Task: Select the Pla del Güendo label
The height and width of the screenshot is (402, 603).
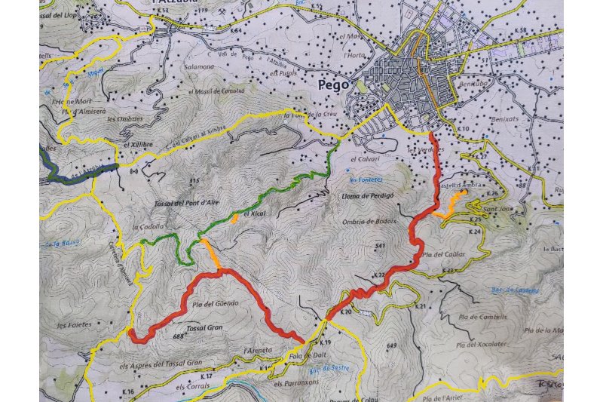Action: tap(216, 303)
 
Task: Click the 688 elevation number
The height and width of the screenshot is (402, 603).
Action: tap(179, 336)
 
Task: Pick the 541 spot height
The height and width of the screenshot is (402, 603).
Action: tap(379, 247)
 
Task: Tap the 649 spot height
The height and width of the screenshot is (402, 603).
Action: tap(390, 345)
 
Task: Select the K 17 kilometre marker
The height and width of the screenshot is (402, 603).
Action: tap(208, 375)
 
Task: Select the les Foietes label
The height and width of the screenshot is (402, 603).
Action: tap(74, 325)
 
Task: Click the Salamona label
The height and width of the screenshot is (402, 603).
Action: tap(200, 66)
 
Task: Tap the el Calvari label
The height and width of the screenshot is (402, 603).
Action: tap(363, 159)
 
